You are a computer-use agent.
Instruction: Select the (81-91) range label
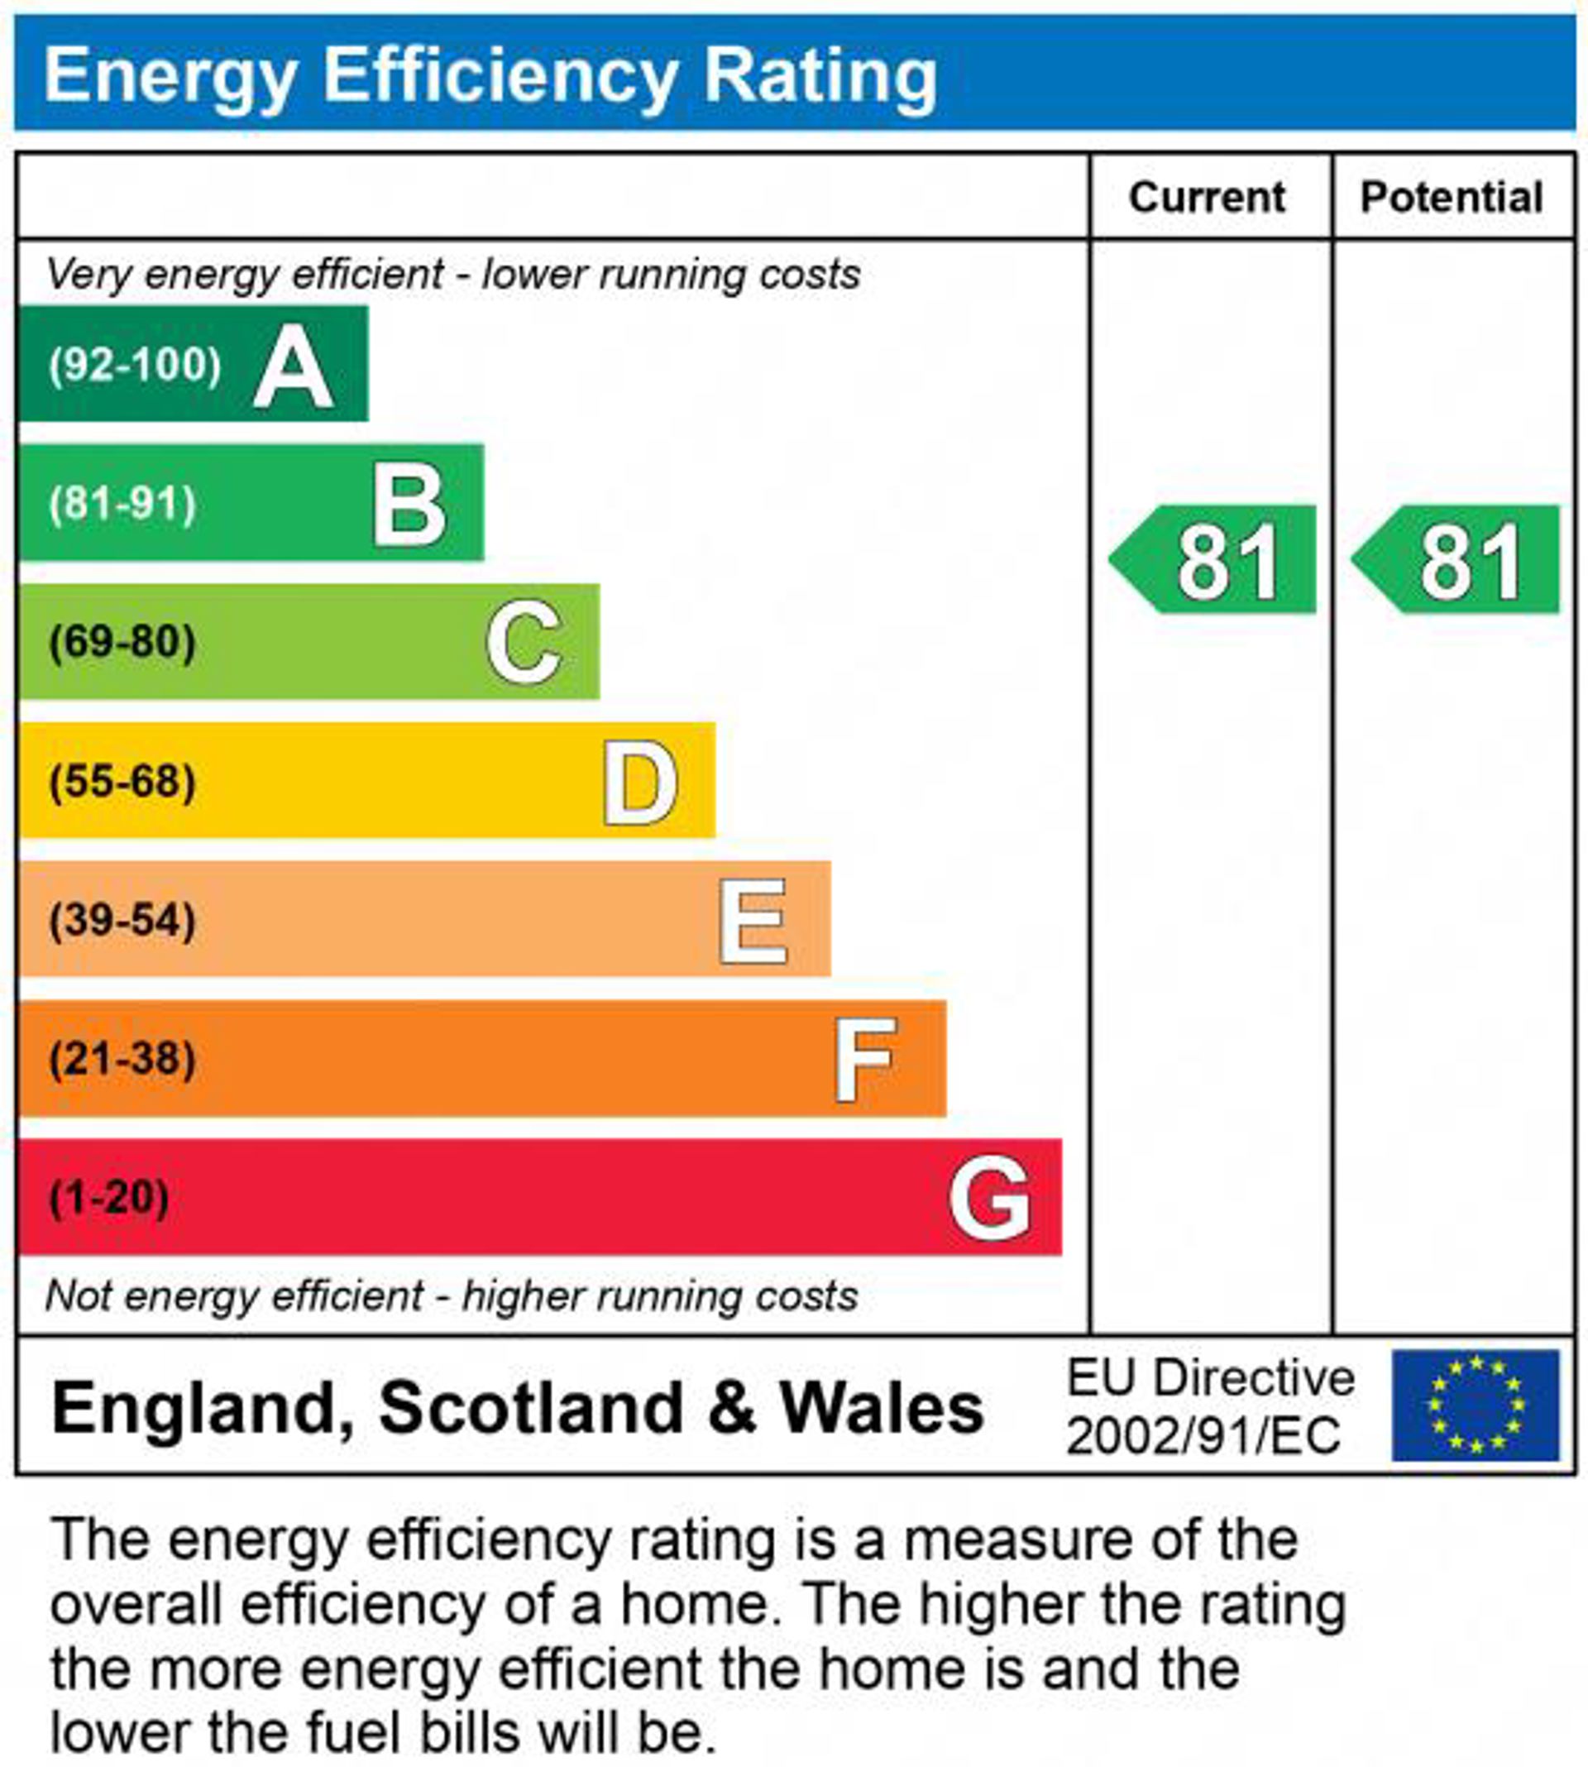tap(122, 505)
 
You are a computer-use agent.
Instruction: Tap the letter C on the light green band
tap(524, 642)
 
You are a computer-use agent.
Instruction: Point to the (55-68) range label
tap(122, 781)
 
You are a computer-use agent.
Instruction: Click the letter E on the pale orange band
tap(752, 921)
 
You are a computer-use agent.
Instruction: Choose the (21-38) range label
tap(122, 1060)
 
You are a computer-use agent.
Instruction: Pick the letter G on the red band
tap(988, 1198)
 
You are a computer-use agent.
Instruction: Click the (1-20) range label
tap(109, 1197)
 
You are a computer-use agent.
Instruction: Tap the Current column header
tap(1207, 197)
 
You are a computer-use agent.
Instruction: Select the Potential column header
tap(1451, 197)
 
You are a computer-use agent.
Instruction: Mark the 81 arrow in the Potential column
tap(1458, 559)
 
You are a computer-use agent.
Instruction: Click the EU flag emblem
tap(1475, 1405)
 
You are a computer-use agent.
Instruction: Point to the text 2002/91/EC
tap(1203, 1436)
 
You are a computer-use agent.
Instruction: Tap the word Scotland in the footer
tap(530, 1407)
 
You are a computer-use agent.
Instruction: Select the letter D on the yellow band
tap(639, 782)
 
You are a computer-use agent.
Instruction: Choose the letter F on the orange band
tap(863, 1060)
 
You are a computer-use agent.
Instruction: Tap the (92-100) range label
tap(136, 365)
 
